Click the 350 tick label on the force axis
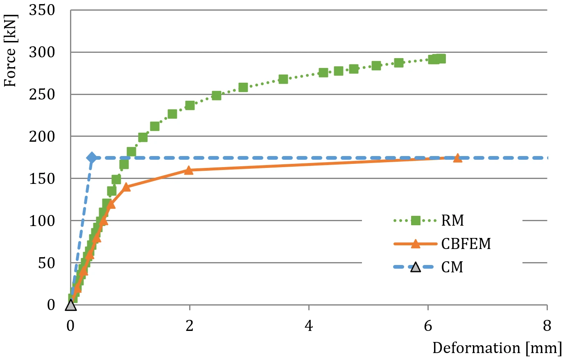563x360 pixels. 42,11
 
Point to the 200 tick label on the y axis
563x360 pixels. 42,137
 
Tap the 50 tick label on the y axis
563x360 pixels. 47,263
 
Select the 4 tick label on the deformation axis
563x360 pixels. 309,326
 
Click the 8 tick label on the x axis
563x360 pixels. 547,326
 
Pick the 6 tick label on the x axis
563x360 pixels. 428,326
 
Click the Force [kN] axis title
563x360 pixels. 11,50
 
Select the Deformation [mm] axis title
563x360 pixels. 497,349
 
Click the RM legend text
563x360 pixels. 452,220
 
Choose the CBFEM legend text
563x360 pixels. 466,244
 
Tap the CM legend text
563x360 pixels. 452,267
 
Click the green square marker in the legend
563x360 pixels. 416,221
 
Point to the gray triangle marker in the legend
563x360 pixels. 416,267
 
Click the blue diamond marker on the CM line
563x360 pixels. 92,158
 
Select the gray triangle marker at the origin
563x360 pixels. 70,305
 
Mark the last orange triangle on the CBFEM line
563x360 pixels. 457,158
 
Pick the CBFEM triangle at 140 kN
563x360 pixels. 126,187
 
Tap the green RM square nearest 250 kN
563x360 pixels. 217,95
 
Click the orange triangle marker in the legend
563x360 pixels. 416,244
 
